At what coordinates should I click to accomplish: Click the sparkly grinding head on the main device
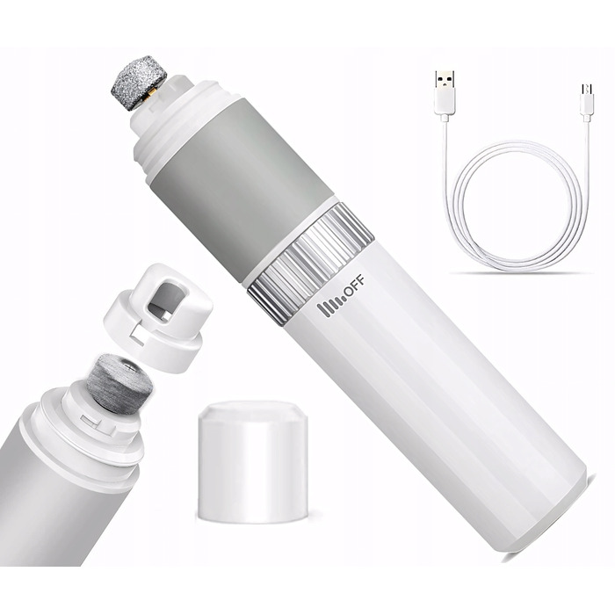tap(139, 83)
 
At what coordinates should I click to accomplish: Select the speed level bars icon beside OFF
tap(329, 308)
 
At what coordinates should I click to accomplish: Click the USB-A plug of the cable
tap(445, 93)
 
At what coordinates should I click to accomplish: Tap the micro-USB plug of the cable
tap(587, 100)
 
